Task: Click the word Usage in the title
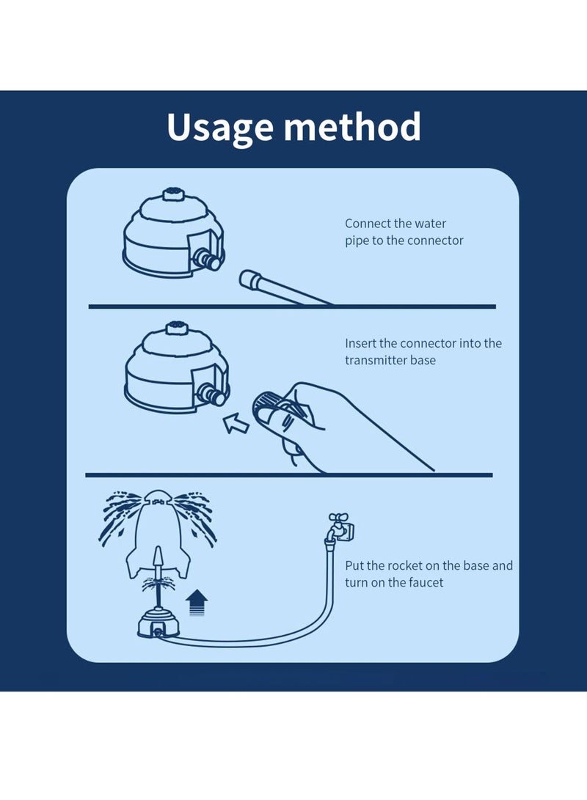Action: click(x=220, y=128)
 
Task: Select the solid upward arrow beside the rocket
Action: click(x=197, y=603)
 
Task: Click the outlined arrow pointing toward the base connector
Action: click(x=236, y=423)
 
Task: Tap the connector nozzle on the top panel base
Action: click(x=208, y=259)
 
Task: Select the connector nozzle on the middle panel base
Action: click(x=211, y=394)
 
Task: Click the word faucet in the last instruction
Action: click(x=423, y=583)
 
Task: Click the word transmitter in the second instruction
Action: click(x=376, y=360)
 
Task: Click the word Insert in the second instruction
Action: click(x=360, y=343)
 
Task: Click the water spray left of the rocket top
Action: click(x=120, y=515)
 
